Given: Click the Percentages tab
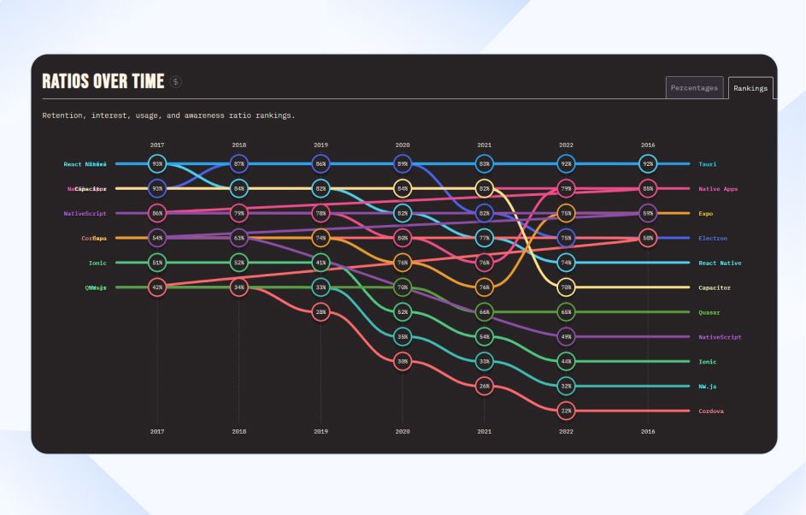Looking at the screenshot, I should [x=694, y=88].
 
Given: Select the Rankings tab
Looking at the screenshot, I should [x=750, y=88].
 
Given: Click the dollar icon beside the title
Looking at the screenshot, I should [x=176, y=81].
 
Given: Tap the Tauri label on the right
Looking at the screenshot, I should [x=707, y=163].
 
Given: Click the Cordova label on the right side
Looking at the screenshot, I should [x=711, y=411].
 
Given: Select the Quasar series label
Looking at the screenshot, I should [x=709, y=312].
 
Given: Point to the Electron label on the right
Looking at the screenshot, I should [x=713, y=238].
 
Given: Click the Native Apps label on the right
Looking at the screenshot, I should [x=718, y=188].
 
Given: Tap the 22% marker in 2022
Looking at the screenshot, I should [x=566, y=411].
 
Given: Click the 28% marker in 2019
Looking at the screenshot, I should [x=321, y=312].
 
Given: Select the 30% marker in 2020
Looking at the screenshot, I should [x=403, y=362].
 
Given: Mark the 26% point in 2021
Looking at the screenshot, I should [x=485, y=387].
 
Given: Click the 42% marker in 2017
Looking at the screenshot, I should [x=157, y=287].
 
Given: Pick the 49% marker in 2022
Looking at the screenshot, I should [x=566, y=337].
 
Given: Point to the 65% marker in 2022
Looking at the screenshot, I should [x=566, y=312].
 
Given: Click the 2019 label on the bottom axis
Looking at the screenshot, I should [x=321, y=432].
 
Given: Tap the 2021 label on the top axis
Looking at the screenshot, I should [x=485, y=145].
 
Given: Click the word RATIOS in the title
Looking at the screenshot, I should [x=64, y=81].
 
